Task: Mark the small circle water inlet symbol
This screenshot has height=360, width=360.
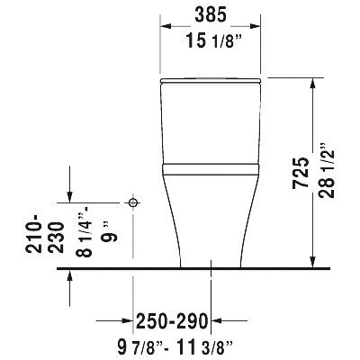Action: pos(134,203)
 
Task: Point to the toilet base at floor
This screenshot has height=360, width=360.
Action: pos(211,263)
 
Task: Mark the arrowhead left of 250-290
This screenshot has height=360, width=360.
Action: pos(128,319)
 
